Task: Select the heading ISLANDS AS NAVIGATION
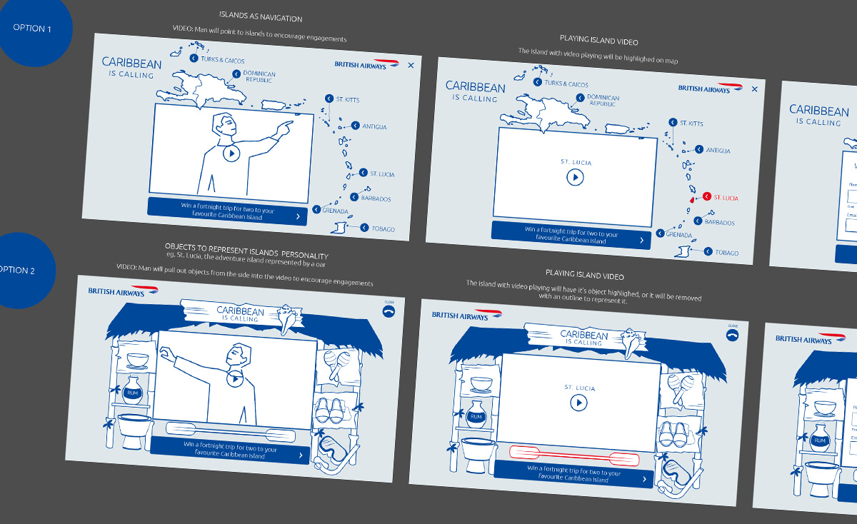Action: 261,18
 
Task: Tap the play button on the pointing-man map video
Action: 231,153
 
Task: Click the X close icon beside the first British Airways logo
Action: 411,65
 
